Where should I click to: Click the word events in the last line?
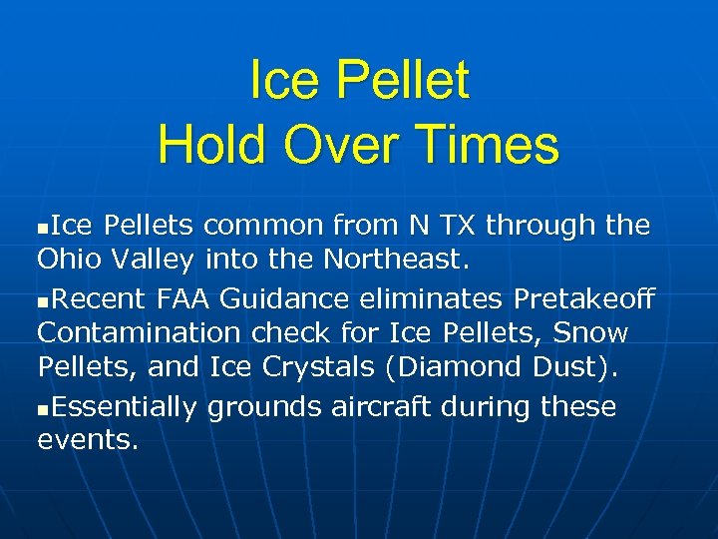(x=87, y=440)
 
